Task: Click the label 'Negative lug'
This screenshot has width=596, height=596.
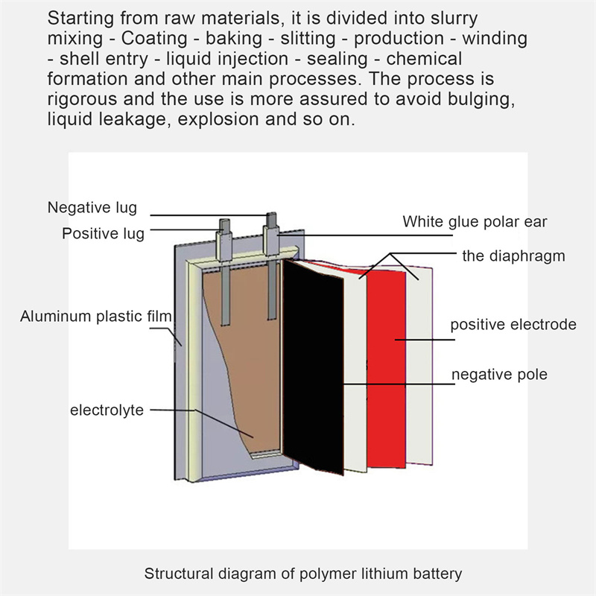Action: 92,207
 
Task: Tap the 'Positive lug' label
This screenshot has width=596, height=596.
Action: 103,233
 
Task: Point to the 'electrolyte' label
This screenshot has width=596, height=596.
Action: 107,410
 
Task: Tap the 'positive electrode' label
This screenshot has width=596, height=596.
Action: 513,325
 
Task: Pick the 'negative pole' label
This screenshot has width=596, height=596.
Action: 500,374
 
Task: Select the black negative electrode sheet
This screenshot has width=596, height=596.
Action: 313,365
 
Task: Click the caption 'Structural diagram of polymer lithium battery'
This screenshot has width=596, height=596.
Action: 303,574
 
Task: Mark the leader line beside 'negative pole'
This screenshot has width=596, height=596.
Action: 399,383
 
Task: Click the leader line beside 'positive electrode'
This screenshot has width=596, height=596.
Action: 425,340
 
